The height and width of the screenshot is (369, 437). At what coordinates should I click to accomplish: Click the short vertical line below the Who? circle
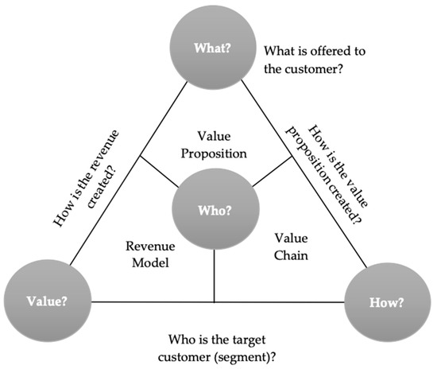(215, 277)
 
